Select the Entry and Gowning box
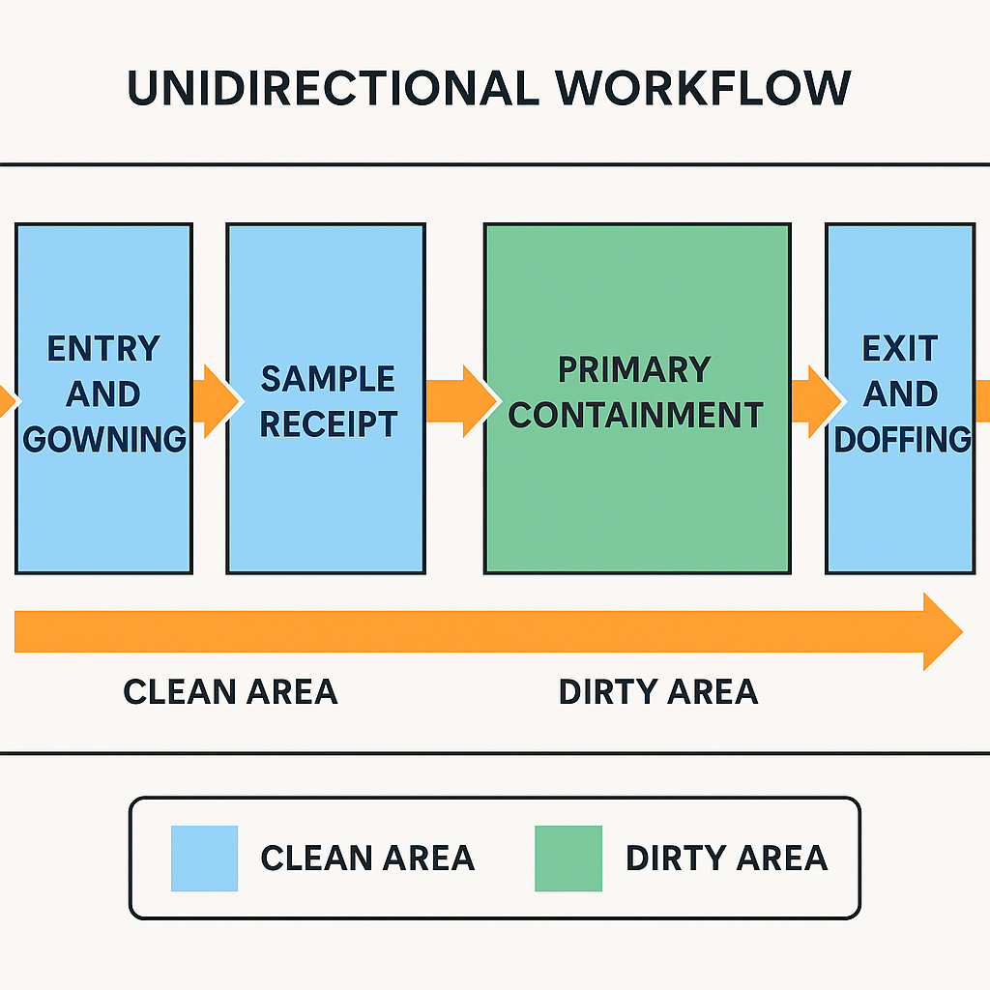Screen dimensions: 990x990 (103, 290)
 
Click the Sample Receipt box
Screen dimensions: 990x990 (326, 290)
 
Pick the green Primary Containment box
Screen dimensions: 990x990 (636, 290)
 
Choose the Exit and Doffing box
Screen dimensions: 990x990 (900, 290)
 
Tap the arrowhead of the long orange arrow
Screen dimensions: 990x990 (942, 632)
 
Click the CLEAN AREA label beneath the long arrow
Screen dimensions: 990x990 (230, 692)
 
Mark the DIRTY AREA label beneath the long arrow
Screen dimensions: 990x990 (658, 692)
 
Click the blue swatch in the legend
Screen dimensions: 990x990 (204, 858)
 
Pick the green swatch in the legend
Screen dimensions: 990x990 (568, 858)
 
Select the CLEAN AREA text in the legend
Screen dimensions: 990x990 (367, 858)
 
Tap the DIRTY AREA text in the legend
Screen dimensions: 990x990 (726, 858)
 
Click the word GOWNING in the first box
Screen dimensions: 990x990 (104, 440)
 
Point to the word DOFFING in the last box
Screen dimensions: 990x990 (901, 440)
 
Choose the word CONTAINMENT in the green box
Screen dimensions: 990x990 (636, 416)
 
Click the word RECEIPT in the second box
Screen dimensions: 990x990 (329, 424)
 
